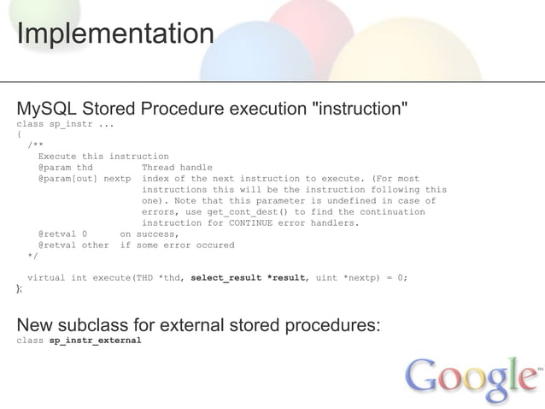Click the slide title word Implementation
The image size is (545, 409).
[114, 35]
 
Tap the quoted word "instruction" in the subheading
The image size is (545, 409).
[358, 110]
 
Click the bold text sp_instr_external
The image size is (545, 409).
[95, 340]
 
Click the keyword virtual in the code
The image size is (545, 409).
[46, 277]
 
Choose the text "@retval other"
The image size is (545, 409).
[73, 245]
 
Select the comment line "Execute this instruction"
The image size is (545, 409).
[103, 156]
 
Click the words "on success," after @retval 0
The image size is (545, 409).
[149, 234]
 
